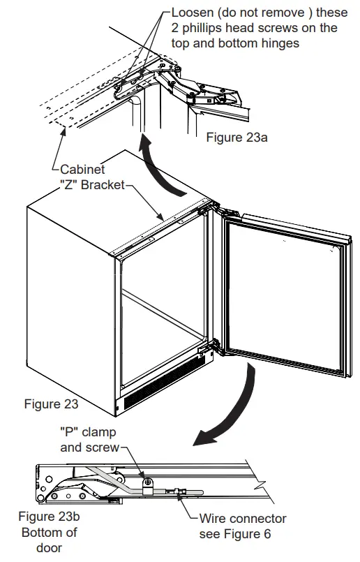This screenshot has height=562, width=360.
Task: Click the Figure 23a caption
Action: [237, 138]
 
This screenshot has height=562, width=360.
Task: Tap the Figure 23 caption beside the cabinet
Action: [52, 404]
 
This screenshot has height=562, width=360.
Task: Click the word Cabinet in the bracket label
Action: [82, 170]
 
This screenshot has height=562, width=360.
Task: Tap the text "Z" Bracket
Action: [92, 185]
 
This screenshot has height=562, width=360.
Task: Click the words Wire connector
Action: [243, 519]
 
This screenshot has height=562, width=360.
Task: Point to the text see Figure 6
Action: [234, 534]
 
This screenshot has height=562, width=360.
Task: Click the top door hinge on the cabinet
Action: [209, 208]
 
